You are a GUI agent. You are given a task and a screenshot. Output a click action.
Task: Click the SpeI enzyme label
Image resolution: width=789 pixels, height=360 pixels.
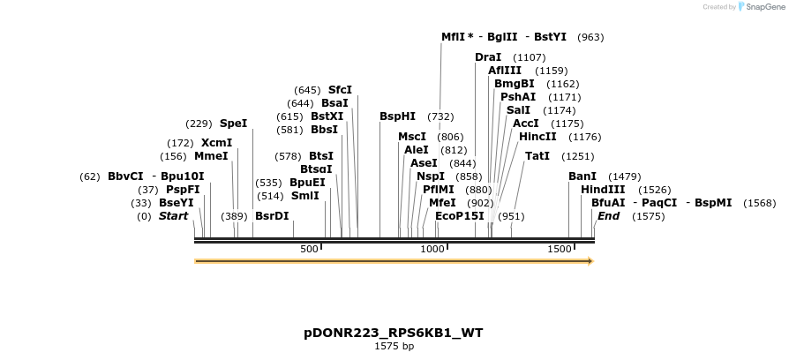pos(233,124)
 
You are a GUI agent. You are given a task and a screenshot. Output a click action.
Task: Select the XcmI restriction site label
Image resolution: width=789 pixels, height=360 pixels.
pos(216,143)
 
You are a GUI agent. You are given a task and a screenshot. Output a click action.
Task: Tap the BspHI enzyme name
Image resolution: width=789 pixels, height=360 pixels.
pos(397,116)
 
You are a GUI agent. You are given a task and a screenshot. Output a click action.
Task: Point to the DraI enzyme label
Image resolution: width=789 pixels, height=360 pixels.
pos(488,57)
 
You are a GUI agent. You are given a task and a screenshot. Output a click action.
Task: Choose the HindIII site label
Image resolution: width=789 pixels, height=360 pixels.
pos(603,190)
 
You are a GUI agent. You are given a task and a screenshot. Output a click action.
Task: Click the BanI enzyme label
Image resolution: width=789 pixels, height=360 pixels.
pos(582,176)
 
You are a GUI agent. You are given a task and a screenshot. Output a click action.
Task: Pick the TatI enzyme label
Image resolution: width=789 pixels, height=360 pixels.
pos(537,156)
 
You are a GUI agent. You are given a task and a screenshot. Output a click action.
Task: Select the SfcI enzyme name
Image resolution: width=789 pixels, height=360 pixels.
pos(340,90)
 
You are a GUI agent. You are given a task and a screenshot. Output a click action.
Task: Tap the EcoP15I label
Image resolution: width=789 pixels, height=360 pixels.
pos(460,216)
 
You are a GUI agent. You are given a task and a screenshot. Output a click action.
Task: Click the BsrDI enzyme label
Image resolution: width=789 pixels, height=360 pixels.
pos(272,216)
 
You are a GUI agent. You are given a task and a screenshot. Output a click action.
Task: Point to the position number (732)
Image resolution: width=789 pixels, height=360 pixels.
pos(440,116)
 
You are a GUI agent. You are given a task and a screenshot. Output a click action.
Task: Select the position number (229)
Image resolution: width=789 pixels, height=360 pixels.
pos(199,124)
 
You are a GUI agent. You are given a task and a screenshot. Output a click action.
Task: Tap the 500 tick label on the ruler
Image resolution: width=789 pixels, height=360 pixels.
pos(309,250)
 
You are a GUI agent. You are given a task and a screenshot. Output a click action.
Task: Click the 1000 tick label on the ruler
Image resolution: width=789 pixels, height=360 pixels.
pos(432,250)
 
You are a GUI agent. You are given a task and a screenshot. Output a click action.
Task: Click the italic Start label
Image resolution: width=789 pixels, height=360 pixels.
pos(173,216)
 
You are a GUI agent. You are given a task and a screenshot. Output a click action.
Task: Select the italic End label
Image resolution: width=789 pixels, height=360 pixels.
pos(608,216)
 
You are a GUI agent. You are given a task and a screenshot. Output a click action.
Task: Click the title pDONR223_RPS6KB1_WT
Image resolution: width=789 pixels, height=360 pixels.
pos(394,333)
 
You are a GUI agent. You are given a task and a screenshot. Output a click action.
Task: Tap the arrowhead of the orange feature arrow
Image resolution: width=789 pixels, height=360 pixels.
pos(590,261)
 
